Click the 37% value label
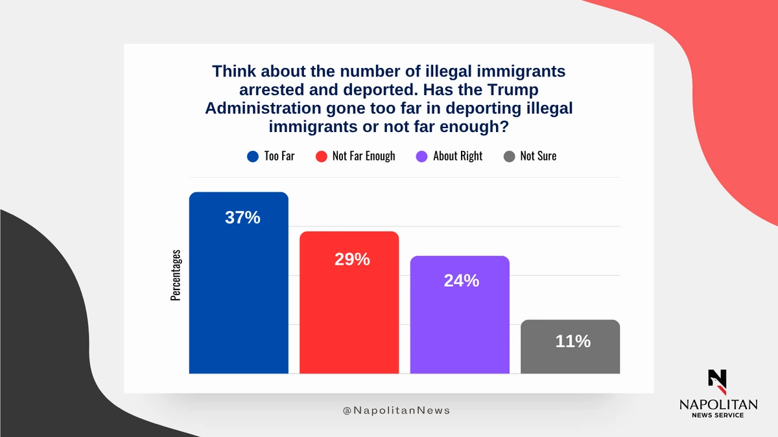[x=242, y=218]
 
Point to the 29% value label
[x=352, y=259]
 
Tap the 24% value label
[x=462, y=281]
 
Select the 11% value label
[x=573, y=341]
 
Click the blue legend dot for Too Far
[x=253, y=156]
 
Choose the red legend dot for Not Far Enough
[x=322, y=156]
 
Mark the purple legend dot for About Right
[x=422, y=156]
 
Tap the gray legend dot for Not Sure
[x=509, y=156]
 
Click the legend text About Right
[x=458, y=156]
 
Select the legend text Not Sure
[x=538, y=156]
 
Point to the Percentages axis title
[x=176, y=275]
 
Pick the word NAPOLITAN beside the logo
[x=718, y=404]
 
